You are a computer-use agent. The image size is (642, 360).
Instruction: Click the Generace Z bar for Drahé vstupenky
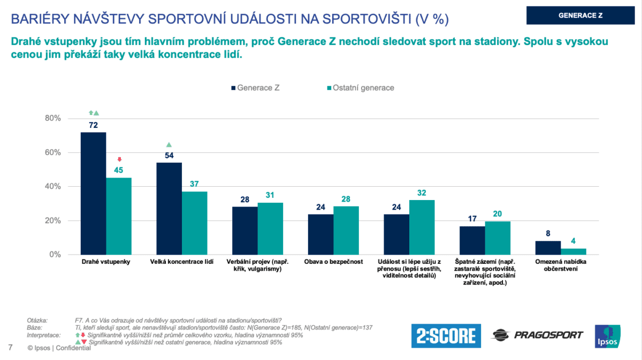(x=93, y=193)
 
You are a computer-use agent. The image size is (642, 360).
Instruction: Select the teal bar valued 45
(x=119, y=216)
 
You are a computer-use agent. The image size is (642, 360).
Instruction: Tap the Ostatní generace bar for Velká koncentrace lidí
(x=194, y=223)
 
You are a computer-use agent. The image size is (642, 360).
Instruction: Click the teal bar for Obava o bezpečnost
(x=346, y=231)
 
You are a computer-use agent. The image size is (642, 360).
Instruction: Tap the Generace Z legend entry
(x=255, y=87)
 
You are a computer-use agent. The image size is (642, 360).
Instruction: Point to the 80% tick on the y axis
(x=52, y=118)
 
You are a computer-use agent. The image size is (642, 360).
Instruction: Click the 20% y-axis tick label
(x=52, y=221)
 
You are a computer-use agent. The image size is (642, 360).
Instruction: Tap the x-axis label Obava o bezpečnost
(x=333, y=262)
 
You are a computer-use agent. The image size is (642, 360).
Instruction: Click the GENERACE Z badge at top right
(x=580, y=15)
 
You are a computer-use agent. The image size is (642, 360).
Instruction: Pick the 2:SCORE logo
(x=446, y=335)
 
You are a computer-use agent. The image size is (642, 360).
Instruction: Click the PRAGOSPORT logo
(x=537, y=335)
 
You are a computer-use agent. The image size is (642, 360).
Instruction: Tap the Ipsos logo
(x=608, y=336)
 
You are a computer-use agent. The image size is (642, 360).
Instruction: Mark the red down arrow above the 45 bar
(x=119, y=159)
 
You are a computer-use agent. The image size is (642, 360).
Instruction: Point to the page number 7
(x=10, y=348)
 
